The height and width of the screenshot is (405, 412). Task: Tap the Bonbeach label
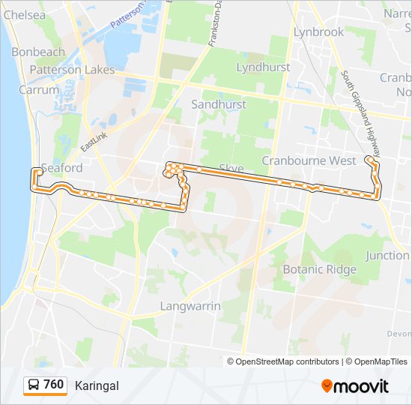coord(38,52)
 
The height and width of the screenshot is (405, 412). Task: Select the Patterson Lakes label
coord(72,70)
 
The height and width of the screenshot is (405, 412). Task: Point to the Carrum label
coord(40,89)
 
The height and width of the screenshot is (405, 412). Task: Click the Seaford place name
coord(62,168)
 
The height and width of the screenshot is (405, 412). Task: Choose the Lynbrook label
coord(318,32)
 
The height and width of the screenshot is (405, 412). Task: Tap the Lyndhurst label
coord(263,67)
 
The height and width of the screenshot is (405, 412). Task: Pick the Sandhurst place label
coord(218,104)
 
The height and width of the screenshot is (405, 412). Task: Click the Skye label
coord(232,168)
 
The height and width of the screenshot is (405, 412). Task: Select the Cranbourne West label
coord(309,160)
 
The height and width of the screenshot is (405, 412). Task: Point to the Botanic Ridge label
coord(319,269)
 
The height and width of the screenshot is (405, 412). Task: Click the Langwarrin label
coord(190,306)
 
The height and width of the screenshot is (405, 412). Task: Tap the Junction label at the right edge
coord(387,255)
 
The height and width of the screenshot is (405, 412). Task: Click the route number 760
coord(53,385)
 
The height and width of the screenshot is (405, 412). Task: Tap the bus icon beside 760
coord(34,385)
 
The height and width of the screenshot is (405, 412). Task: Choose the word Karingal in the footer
coord(97,385)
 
